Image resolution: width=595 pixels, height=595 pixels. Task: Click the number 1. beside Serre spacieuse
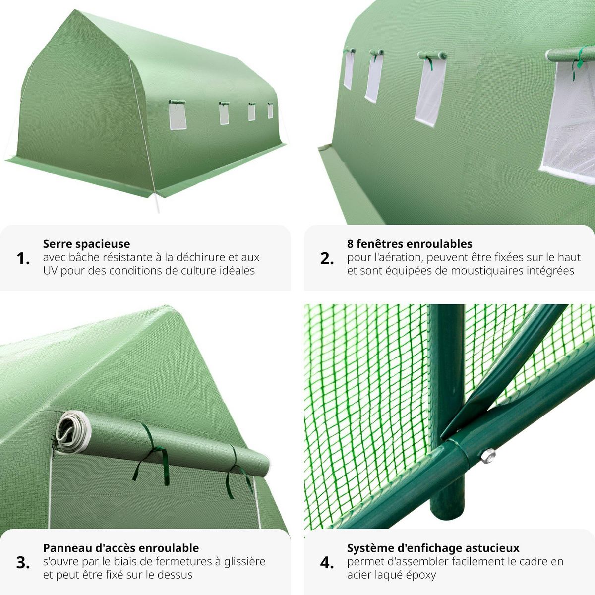[x=23, y=258]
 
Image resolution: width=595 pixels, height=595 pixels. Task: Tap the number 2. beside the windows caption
[x=327, y=258]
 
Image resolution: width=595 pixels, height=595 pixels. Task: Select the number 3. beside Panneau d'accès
[x=23, y=562]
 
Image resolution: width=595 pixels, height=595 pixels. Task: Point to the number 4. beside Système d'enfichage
[x=327, y=562]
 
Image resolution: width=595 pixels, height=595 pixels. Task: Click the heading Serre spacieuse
[x=86, y=244]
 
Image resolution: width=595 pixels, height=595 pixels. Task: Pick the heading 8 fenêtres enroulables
[x=410, y=244]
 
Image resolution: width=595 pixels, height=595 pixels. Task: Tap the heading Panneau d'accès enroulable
[x=121, y=548]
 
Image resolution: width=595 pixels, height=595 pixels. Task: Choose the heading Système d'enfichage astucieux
[x=433, y=548]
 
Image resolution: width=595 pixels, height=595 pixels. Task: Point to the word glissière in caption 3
[x=244, y=561]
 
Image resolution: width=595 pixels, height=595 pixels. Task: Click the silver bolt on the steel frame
[x=488, y=454]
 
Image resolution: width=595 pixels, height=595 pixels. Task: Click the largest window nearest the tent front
[x=178, y=117]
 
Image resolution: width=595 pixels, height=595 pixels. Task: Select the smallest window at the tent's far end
[x=270, y=111]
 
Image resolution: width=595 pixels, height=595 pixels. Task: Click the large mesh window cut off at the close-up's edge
[x=570, y=119]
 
